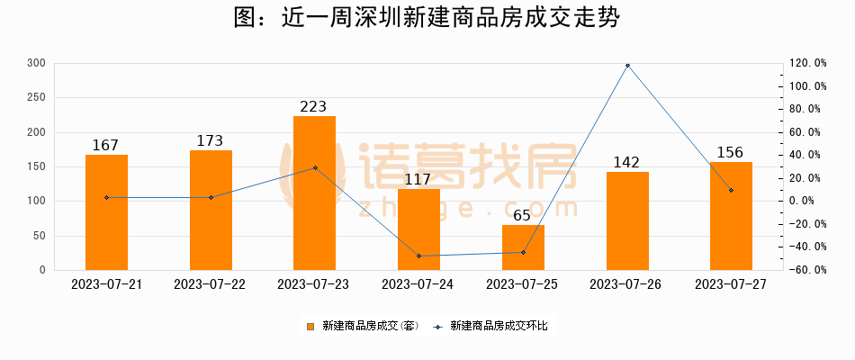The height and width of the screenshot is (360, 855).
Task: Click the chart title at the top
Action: [x=427, y=19]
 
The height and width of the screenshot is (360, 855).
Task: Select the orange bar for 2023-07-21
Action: [x=106, y=212]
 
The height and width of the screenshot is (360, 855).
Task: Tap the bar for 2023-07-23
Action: [x=314, y=193]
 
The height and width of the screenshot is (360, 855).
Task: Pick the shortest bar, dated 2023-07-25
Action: [x=523, y=247]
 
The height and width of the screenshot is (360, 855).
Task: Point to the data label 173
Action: [x=211, y=141]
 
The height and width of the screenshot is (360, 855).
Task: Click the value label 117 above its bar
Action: [x=418, y=179]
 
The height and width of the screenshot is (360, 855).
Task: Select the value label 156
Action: [x=731, y=152]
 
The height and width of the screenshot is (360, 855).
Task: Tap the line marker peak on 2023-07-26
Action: [x=627, y=66]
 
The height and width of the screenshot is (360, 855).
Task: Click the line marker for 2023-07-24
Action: [x=418, y=256]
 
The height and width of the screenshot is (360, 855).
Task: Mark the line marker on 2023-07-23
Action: [x=315, y=167]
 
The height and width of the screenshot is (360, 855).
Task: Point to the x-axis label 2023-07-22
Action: [x=210, y=283]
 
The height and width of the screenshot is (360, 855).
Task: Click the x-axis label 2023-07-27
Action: [x=731, y=283]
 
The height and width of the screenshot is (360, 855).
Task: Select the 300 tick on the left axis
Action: [x=36, y=63]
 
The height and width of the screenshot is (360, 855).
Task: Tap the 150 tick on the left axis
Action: [x=36, y=166]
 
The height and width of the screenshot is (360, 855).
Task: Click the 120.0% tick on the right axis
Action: [x=807, y=63]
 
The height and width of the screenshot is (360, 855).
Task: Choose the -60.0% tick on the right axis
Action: [x=807, y=270]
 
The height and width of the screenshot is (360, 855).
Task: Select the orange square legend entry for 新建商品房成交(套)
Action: [x=310, y=326]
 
